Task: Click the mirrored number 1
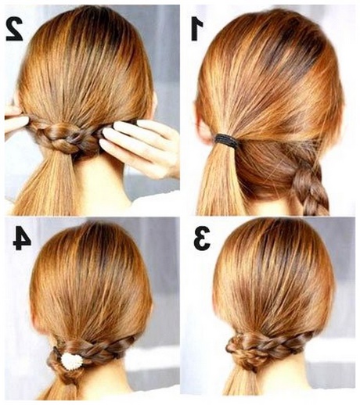[197, 30]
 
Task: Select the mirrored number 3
[202, 238]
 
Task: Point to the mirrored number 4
[22, 238]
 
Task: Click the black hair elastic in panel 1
[226, 139]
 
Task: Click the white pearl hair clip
[72, 360]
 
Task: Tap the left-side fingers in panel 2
[16, 120]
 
